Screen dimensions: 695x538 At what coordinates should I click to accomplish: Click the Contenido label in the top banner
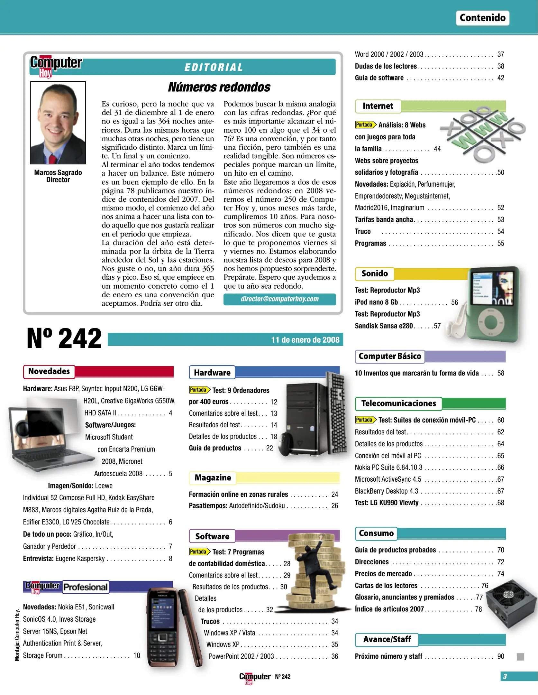click(482, 18)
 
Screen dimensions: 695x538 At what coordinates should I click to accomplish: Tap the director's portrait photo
click(58, 123)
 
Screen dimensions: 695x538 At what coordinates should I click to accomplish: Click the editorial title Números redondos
click(219, 87)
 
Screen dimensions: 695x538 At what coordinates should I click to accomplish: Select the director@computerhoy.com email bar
click(279, 299)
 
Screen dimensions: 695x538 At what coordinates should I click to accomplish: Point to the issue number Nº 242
click(64, 338)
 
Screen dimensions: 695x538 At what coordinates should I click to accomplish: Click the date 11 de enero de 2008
click(305, 340)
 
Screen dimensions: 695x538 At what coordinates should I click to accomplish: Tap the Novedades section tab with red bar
click(49, 371)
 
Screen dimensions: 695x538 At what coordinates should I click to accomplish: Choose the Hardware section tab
click(212, 373)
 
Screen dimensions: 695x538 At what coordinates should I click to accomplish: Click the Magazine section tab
click(213, 477)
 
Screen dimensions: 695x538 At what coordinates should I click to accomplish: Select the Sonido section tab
click(374, 273)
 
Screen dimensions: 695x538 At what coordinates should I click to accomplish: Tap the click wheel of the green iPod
click(491, 322)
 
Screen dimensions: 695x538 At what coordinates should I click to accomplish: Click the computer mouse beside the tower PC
click(286, 444)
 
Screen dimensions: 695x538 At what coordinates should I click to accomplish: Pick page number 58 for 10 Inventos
click(500, 373)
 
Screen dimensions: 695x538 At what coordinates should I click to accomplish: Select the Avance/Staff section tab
click(387, 639)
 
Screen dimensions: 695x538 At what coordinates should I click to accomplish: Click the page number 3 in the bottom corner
click(505, 676)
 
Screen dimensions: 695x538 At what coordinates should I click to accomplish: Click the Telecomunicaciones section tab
click(398, 403)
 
